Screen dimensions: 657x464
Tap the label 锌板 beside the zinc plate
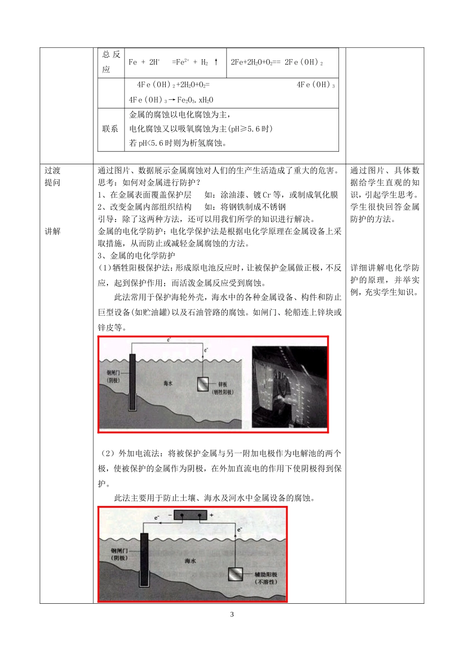223,385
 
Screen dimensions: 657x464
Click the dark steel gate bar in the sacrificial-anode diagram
132,382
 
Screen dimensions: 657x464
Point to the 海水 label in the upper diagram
168,383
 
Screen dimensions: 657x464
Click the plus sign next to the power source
211,515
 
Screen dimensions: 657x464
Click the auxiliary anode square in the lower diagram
235,574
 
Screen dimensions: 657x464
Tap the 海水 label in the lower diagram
190,561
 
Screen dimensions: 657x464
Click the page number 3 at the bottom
232,614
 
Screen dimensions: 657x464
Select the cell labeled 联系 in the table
110,129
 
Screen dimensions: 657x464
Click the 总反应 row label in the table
111,62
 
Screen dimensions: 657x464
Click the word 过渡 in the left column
53,171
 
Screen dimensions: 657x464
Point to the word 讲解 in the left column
53,231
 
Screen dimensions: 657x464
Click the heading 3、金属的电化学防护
136,256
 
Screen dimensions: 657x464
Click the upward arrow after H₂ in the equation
216,62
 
